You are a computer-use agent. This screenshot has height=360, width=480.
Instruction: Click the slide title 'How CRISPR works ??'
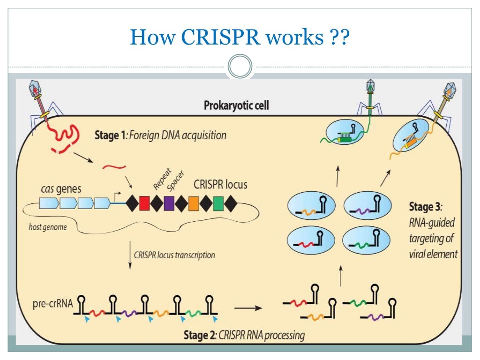(240, 36)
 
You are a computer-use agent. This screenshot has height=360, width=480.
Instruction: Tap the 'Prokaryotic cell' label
(236, 105)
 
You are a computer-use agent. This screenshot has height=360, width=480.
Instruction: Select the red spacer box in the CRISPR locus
(144, 204)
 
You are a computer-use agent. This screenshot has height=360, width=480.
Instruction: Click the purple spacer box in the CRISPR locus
(169, 204)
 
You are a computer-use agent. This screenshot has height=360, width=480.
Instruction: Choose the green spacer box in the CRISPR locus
(218, 204)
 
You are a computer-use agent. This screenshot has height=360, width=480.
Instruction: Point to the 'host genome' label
(47, 227)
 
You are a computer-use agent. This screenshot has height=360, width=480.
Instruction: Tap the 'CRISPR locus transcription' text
(174, 255)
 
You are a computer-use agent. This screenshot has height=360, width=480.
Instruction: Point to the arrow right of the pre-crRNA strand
(247, 308)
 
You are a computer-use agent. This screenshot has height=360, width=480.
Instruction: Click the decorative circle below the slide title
(240, 67)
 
